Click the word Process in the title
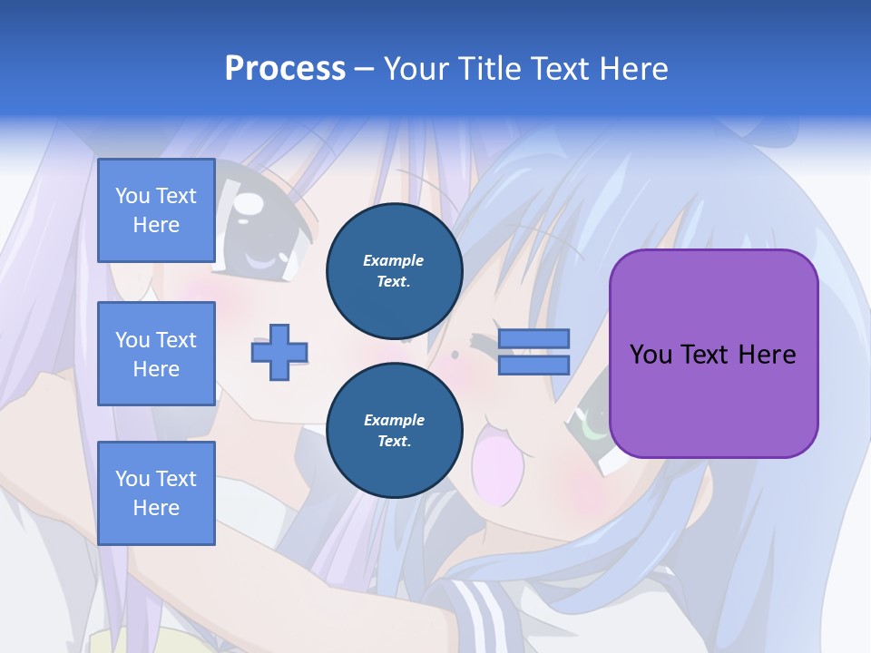tap(285, 69)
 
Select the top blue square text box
tap(156, 210)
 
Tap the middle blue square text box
tap(156, 354)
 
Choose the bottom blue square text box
tap(156, 492)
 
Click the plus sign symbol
tap(279, 353)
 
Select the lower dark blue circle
tap(394, 430)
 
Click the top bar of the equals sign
tap(533, 338)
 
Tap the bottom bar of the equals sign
tap(533, 365)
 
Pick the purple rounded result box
tap(713, 354)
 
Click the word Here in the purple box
tap(767, 355)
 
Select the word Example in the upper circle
tap(394, 260)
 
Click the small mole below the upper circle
tap(453, 354)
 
